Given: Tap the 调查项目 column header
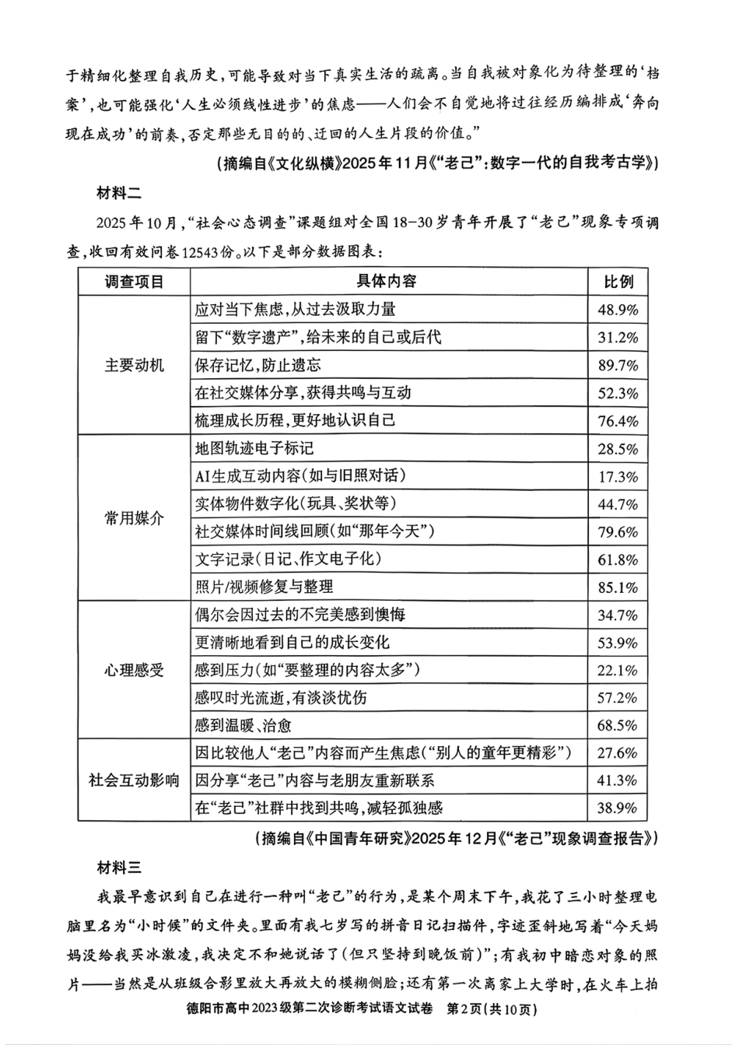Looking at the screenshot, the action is click(x=134, y=281).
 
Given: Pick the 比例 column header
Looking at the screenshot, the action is click(x=618, y=282).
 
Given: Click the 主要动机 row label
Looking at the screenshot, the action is click(x=134, y=365).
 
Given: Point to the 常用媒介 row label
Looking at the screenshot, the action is click(x=134, y=518).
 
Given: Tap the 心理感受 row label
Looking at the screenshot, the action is click(x=134, y=670).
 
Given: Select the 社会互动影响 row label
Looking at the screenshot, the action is click(x=134, y=780).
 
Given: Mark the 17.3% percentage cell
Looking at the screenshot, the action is click(x=618, y=476).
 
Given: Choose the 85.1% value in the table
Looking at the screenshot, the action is click(x=618, y=587).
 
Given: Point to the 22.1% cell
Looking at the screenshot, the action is click(x=618, y=671).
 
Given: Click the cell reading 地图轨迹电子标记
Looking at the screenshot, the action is click(x=254, y=448).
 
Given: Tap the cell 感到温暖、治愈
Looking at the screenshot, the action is click(x=243, y=726).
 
